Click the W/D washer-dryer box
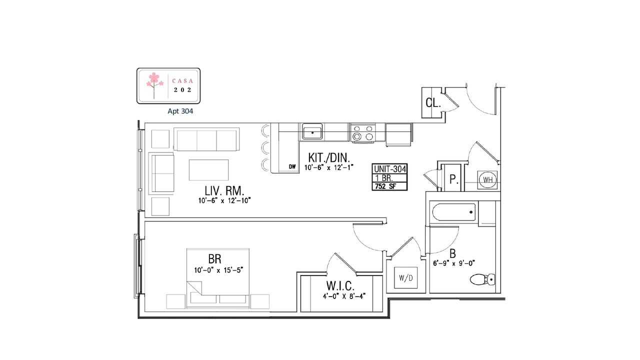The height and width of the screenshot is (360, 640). pos(405,277)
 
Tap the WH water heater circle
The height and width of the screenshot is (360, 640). pos(487,179)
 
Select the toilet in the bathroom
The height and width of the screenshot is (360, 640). pos(482,279)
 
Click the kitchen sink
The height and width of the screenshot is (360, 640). pos(312,131)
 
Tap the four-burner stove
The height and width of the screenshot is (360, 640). pos(363,132)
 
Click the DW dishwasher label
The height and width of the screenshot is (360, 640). pos(292,166)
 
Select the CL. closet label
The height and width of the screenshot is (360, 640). pos(433,102)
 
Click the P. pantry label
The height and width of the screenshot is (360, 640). pos(454,179)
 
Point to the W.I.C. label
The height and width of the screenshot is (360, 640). pos(340,285)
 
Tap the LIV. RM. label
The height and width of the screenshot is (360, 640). pos(224,190)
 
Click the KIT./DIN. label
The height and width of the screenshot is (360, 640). pos(329,157)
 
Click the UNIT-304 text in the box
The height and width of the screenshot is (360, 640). pos(389,169)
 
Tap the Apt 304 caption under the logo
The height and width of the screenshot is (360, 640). pos(180,111)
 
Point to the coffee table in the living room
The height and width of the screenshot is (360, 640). pos(208,169)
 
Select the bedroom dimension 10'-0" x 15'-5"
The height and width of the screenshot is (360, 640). pos(218,270)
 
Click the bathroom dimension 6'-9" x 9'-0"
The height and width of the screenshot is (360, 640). pos(454,263)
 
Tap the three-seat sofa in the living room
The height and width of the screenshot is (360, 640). pos(206,139)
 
